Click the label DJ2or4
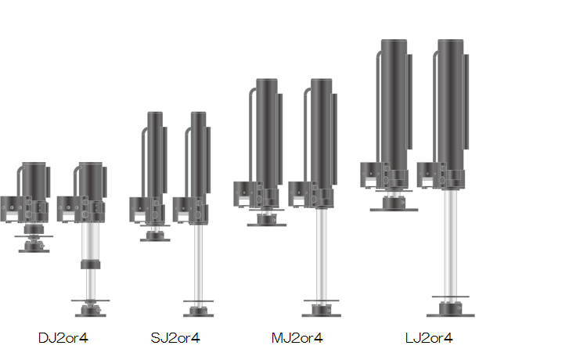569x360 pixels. click(63, 338)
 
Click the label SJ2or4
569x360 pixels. click(175, 338)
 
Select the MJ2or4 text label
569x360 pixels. click(297, 338)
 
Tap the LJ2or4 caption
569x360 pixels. click(429, 338)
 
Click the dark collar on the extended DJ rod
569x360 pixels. click(90, 265)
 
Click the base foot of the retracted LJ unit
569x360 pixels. click(394, 204)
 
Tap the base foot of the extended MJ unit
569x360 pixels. click(321, 311)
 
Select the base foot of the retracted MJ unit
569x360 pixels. click(267, 220)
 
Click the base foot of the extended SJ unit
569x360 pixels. click(198, 311)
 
